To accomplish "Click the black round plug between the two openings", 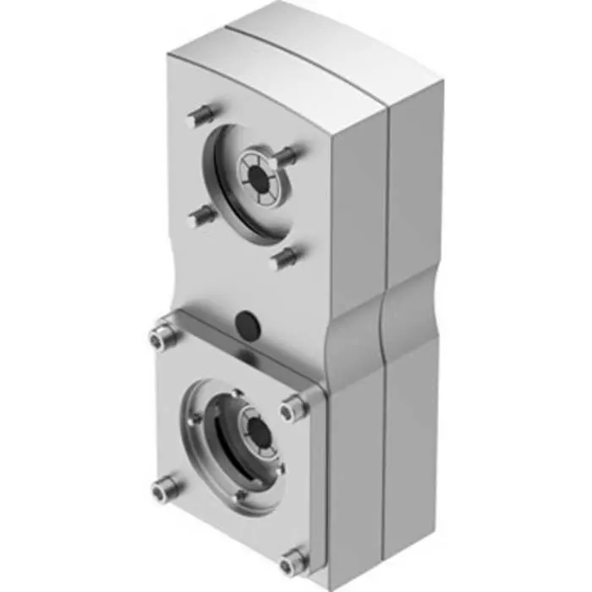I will click(x=245, y=321).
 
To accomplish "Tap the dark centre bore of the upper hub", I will click(x=256, y=173).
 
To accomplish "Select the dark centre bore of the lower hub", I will click(x=259, y=434).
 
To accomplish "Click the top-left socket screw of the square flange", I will click(x=162, y=337).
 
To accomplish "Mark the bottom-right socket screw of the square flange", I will click(x=293, y=558).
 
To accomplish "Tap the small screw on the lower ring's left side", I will click(x=196, y=417).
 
